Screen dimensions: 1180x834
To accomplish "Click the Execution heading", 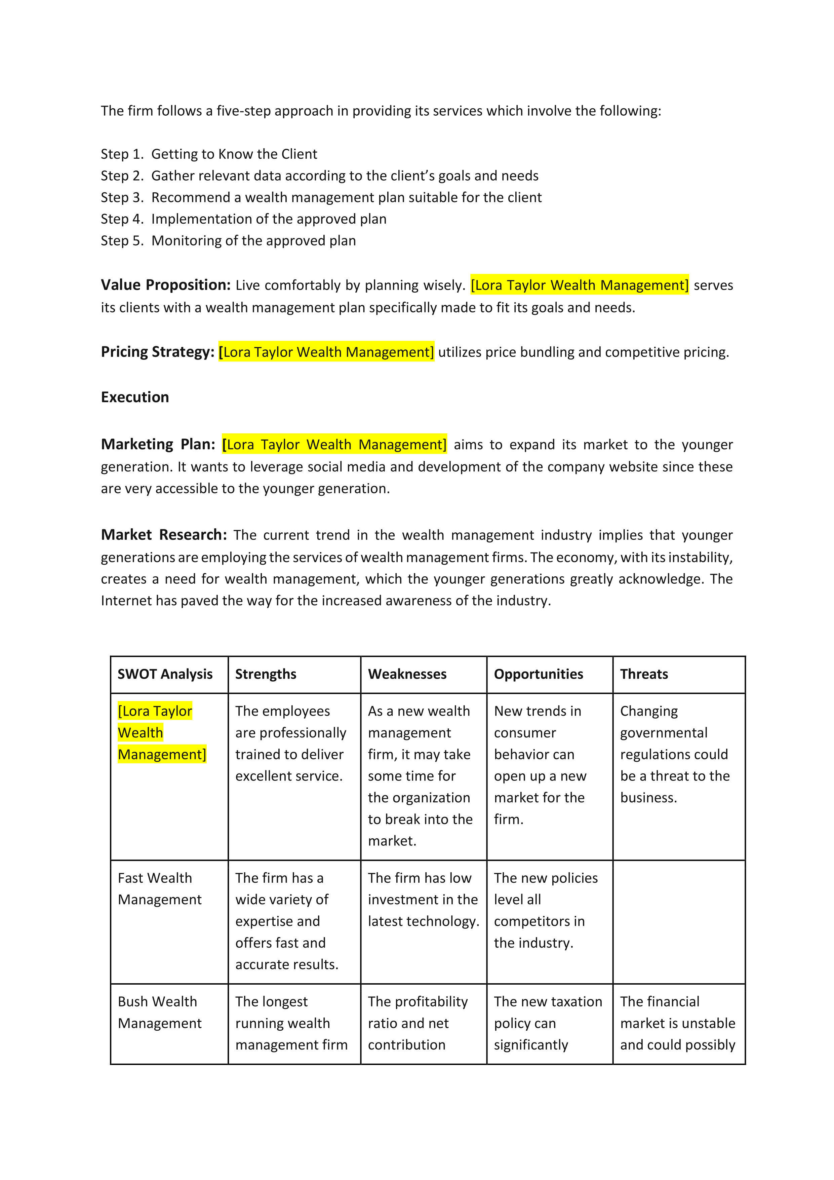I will click(135, 397).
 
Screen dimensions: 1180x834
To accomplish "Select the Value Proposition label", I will click(165, 285).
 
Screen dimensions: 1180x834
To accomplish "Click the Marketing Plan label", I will click(158, 444).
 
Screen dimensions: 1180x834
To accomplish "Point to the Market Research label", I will click(163, 535).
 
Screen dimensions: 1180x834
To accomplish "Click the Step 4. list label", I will click(122, 219).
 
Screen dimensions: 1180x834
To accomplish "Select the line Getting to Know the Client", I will click(234, 154).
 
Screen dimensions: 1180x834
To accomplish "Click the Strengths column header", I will click(266, 674).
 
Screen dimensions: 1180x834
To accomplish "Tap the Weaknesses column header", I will click(407, 674).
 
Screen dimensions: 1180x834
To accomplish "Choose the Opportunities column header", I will click(538, 674).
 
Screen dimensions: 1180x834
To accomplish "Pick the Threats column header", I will click(644, 674).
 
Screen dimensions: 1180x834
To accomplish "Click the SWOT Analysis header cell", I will click(165, 674).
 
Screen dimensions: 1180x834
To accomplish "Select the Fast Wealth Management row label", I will click(159, 888).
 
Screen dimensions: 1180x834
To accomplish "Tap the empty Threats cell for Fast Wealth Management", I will click(678, 921).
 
